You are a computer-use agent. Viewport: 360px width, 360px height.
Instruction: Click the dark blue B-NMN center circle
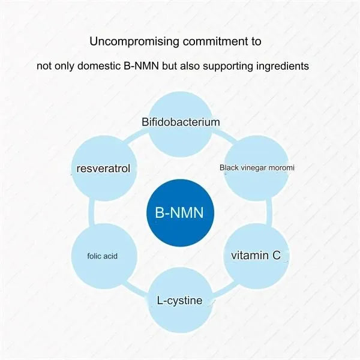(x=180, y=212)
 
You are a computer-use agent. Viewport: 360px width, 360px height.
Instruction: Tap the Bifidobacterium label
(x=181, y=122)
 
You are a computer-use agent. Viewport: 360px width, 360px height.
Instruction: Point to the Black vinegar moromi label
(x=256, y=168)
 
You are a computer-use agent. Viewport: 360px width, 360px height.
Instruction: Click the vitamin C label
(x=256, y=256)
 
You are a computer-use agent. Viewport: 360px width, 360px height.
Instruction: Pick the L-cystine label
(x=180, y=300)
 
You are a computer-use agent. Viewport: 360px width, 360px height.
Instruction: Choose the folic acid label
(x=102, y=256)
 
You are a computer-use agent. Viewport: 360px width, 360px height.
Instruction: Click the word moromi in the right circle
(x=281, y=168)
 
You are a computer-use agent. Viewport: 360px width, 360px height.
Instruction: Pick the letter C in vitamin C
(x=276, y=256)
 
